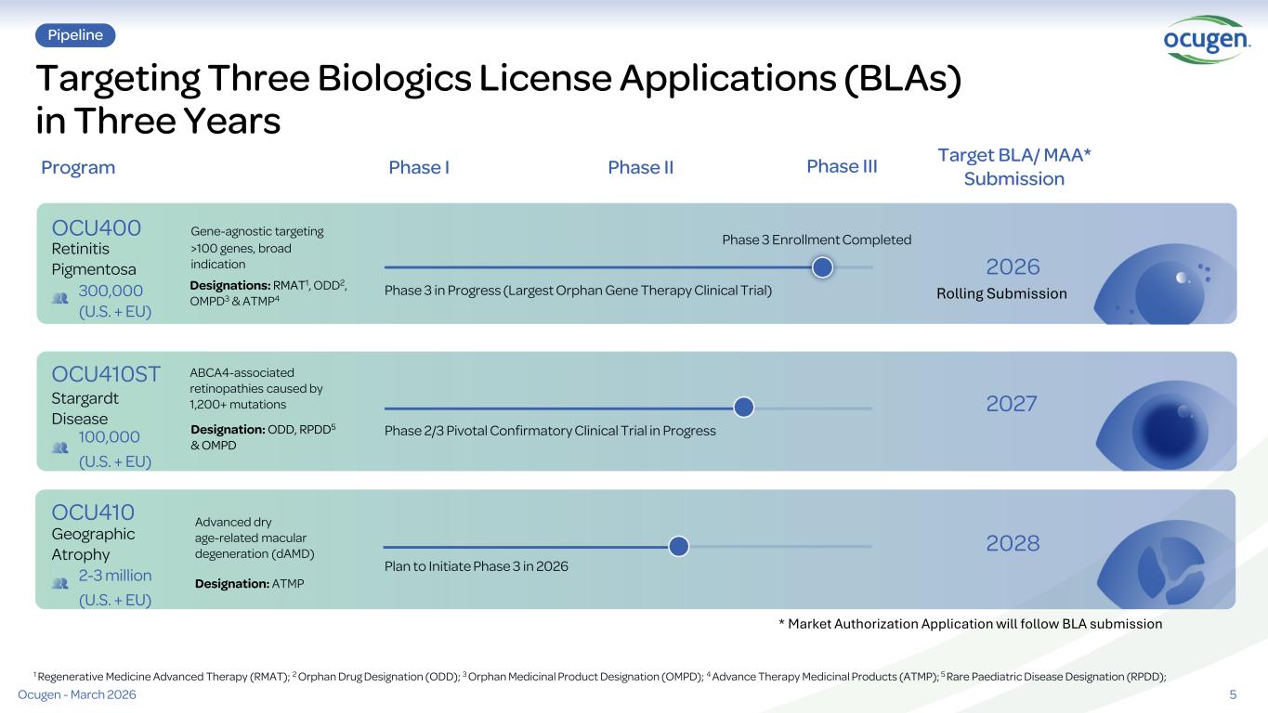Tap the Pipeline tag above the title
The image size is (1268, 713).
[x=75, y=35]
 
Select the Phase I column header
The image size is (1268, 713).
[x=419, y=167]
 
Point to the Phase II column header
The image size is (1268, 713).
[x=640, y=167]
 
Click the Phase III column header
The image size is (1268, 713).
[x=842, y=166]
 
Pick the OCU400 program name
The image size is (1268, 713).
[x=97, y=227]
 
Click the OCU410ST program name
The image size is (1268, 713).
[x=106, y=374]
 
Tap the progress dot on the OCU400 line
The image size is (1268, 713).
[x=822, y=267]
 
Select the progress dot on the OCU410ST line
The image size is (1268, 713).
[x=743, y=407]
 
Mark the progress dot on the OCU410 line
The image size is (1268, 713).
[x=678, y=546]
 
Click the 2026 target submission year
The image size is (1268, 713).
[x=1013, y=267]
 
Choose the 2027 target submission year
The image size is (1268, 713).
[x=1013, y=404]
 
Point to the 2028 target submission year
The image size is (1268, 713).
[x=1013, y=543]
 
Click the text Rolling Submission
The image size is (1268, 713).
[x=1001, y=293]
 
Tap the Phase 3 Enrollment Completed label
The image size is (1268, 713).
[x=817, y=240]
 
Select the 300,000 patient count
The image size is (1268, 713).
[x=111, y=291]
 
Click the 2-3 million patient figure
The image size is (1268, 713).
[x=115, y=576]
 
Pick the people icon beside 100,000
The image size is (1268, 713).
[x=60, y=447]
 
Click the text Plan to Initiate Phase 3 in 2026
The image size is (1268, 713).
[x=477, y=566]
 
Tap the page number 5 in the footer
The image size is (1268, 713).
[x=1233, y=695]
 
